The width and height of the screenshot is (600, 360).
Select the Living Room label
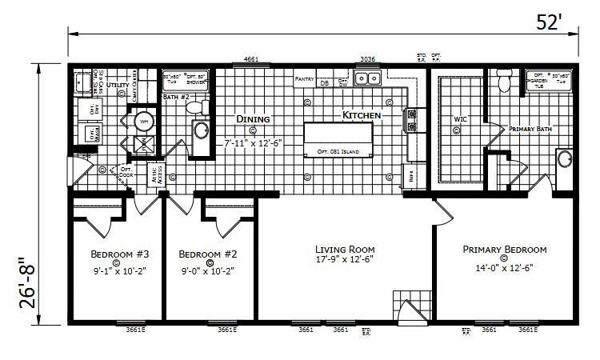tap(344, 249)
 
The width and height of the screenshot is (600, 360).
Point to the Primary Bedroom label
tap(504, 249)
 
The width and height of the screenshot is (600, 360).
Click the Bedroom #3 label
tap(115, 254)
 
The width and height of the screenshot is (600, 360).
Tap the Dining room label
tap(253, 119)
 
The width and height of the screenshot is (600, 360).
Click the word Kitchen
tap(362, 116)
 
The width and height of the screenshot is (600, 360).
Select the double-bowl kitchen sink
tap(368, 78)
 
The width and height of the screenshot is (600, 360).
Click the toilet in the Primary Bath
tap(503, 79)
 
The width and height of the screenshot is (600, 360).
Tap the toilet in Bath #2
tap(202, 106)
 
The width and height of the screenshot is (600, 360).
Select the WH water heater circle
tap(144, 121)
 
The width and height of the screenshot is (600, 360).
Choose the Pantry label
tap(304, 79)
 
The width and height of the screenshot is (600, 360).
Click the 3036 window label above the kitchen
tap(367, 59)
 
